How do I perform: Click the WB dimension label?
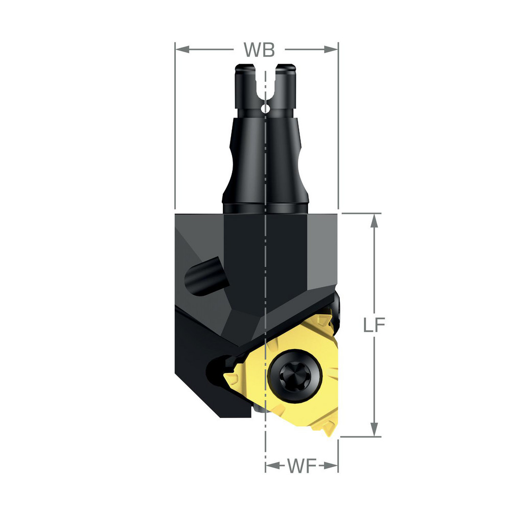[259, 50]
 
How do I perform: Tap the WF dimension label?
[302, 466]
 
